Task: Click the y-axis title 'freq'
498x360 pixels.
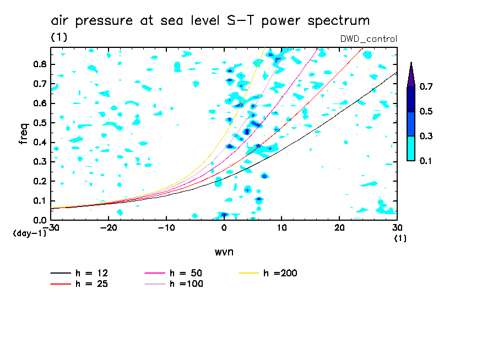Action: coord(24,133)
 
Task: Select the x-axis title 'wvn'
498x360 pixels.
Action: coord(224,252)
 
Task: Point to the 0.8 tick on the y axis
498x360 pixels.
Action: coord(39,64)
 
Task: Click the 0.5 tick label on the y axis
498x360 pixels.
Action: coord(39,123)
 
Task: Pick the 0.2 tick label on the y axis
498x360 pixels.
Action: coord(39,181)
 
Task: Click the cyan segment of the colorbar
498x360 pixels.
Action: coord(411,148)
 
